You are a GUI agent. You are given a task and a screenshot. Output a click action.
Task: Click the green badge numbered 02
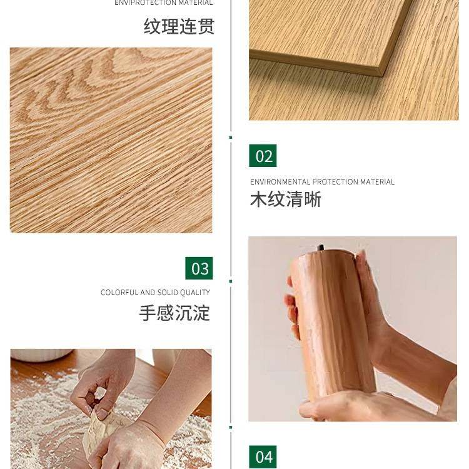[263, 156]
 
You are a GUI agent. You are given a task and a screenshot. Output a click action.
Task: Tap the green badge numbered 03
[199, 268]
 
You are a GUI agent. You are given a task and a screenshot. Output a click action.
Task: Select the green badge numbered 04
[263, 456]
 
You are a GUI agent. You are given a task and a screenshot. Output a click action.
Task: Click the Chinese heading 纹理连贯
[179, 26]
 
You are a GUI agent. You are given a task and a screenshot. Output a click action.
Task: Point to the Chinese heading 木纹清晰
[285, 199]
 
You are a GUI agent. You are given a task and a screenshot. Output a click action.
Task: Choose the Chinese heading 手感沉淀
[174, 313]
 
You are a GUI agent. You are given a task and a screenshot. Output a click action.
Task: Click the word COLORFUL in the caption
[119, 293]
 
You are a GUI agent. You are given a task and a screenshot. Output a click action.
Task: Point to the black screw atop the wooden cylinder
[321, 248]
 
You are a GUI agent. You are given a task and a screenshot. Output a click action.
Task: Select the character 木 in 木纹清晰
[259, 199]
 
